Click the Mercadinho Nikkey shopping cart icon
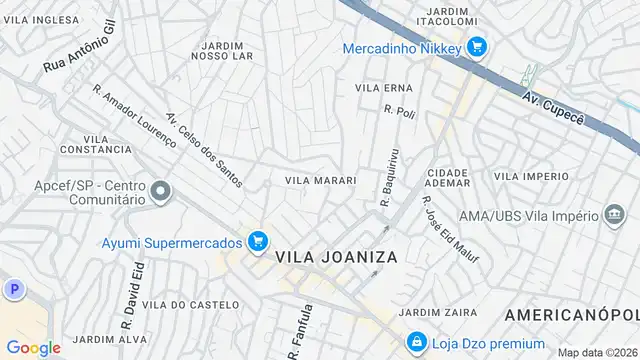(476, 46)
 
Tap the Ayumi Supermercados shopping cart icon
(258, 241)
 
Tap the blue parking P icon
(13, 289)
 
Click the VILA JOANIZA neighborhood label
(337, 257)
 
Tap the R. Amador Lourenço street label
(133, 116)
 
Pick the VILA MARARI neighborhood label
(321, 181)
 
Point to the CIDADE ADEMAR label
(447, 178)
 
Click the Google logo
(33, 347)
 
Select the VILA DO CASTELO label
(191, 303)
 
